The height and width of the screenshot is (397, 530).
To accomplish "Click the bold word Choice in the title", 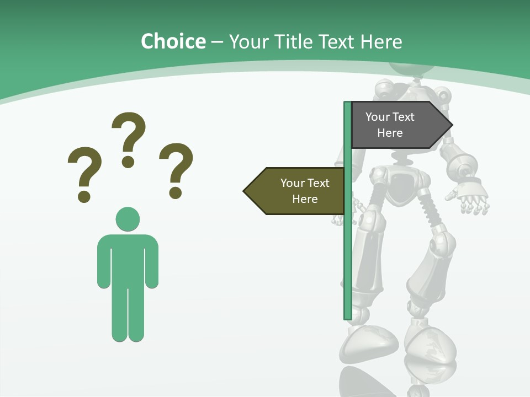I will (173, 41).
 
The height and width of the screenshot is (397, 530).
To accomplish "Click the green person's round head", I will (128, 219).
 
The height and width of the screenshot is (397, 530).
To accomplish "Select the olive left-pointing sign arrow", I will (295, 191).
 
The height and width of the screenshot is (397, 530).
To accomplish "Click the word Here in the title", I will (381, 41).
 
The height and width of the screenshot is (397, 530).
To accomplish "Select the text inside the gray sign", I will (390, 125).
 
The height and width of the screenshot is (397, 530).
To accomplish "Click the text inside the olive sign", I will (305, 191).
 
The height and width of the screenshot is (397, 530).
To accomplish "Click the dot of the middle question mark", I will (128, 162).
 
